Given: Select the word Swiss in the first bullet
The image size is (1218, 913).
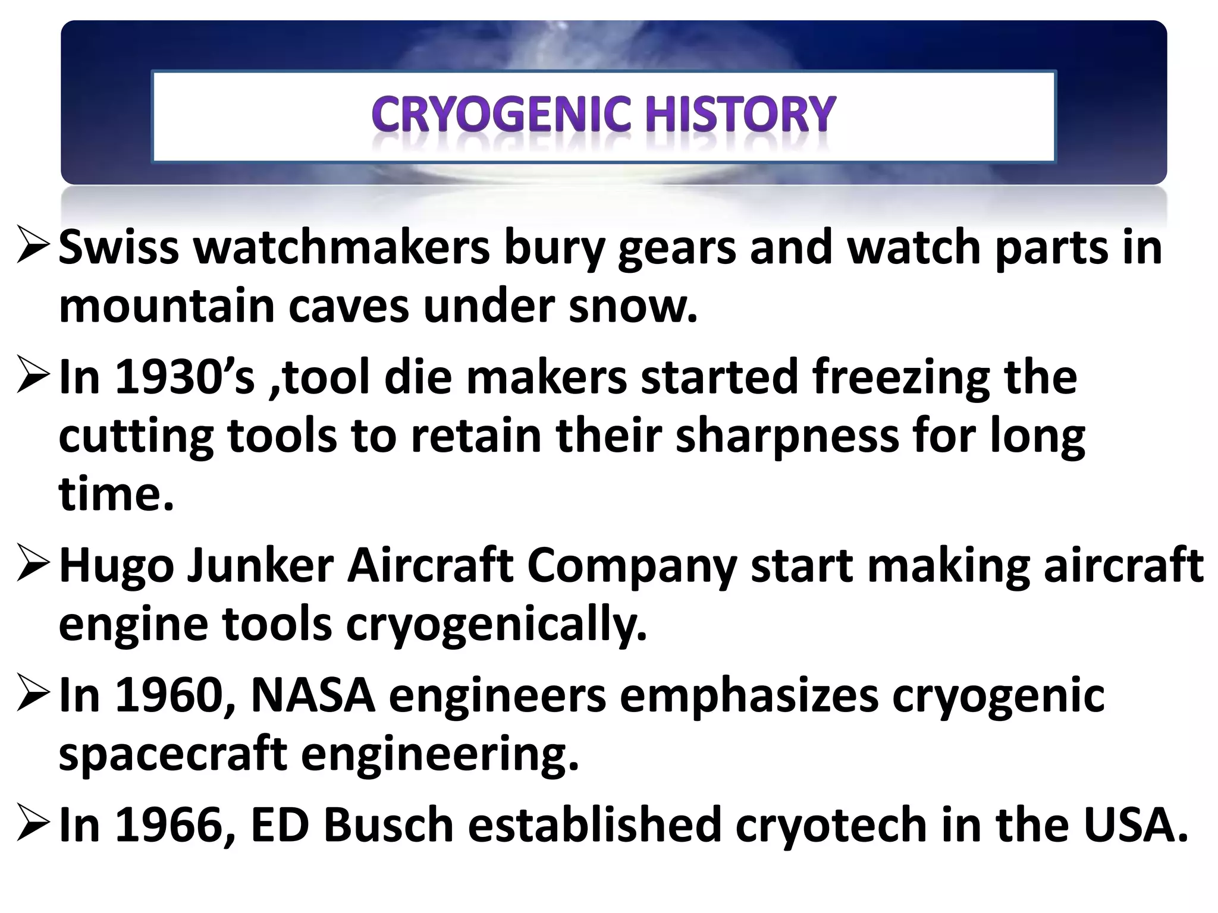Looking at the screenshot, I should point(119,248).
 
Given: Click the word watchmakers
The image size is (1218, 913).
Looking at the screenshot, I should point(342,248).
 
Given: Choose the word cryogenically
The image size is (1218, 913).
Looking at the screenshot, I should point(497,625).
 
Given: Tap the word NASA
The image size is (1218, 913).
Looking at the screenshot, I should point(313,695).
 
